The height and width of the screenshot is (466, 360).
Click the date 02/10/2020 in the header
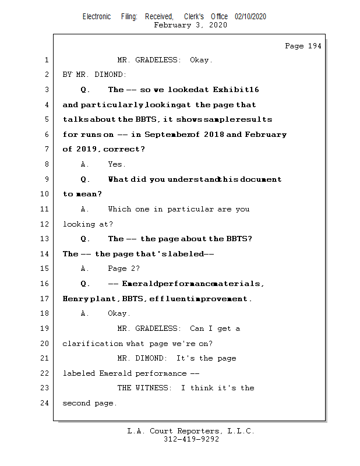point(250,17)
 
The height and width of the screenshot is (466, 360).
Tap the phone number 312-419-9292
point(191,439)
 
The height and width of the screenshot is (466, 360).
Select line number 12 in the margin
point(45,224)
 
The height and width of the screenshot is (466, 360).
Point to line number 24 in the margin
point(45,403)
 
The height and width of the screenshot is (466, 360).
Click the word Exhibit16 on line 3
point(236,90)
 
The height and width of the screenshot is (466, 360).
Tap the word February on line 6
point(266,135)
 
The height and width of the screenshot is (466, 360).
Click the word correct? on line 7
point(125,149)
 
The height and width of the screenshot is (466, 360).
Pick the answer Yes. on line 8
point(117,164)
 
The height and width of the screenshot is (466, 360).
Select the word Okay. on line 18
point(119,313)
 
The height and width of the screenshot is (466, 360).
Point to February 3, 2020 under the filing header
point(190,25)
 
